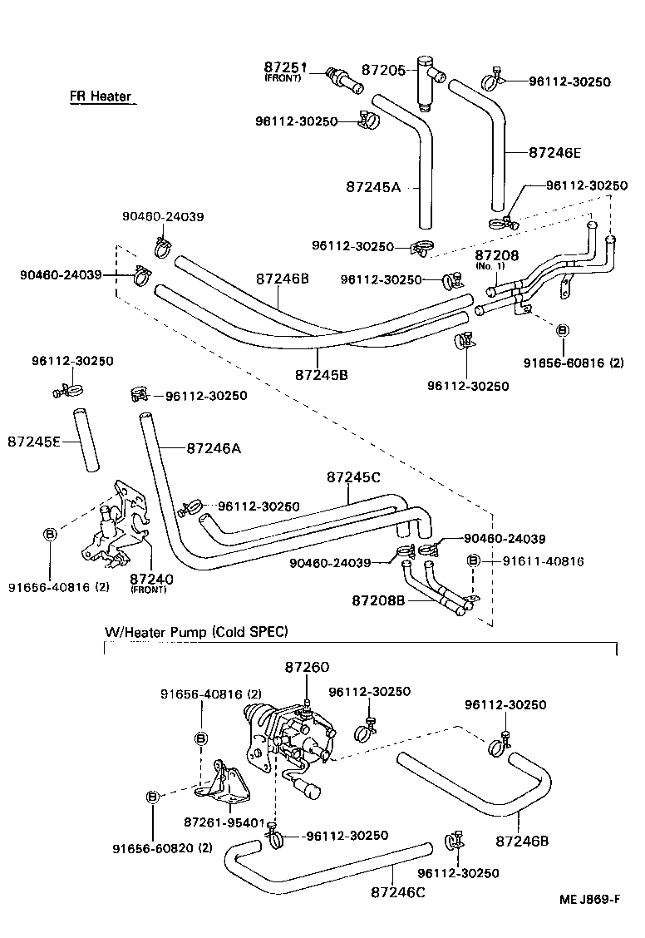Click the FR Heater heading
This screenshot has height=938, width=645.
(x=101, y=96)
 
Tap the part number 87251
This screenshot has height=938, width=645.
(x=286, y=67)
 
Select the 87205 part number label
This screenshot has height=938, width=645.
(x=384, y=71)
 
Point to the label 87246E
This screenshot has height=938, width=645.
(x=555, y=152)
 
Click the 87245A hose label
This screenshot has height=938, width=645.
(x=373, y=188)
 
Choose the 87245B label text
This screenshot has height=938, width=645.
(x=321, y=374)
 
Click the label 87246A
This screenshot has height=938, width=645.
(x=214, y=448)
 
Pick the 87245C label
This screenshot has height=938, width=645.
(x=354, y=477)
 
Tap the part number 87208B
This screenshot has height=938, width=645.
(x=377, y=600)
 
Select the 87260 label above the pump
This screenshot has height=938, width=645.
(x=307, y=667)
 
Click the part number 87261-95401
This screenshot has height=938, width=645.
(x=224, y=822)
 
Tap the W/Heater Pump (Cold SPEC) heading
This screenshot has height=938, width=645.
(x=195, y=632)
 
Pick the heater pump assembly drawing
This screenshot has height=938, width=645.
(x=287, y=736)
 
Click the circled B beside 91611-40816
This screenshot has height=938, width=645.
(x=473, y=561)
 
